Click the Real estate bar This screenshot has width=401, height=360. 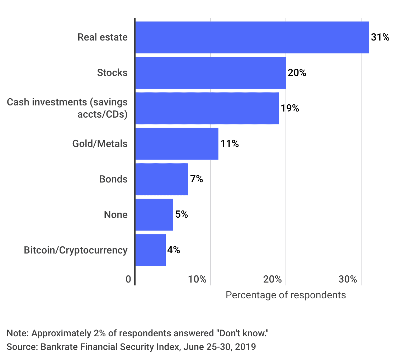pyautogui.click(x=252, y=37)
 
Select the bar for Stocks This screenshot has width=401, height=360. pyautogui.click(x=211, y=73)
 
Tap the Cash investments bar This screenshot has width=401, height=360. pyautogui.click(x=207, y=108)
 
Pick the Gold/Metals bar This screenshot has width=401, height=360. pyautogui.click(x=177, y=144)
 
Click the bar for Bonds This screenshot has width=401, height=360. pyautogui.click(x=162, y=179)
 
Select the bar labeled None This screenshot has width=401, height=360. pyautogui.click(x=154, y=215)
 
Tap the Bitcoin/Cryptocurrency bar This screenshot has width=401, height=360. pyautogui.click(x=150, y=250)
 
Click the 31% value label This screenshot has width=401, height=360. pyautogui.click(x=380, y=37)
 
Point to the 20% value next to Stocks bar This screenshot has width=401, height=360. pyautogui.click(x=297, y=73)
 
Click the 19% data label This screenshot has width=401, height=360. pyautogui.click(x=290, y=108)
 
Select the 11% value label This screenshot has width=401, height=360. pyautogui.click(x=230, y=144)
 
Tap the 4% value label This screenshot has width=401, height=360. pyautogui.click(x=174, y=250)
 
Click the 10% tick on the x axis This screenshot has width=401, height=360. pyautogui.click(x=197, y=279)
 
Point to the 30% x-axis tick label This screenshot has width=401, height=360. pyautogui.click(x=348, y=279)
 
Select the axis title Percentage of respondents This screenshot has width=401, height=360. pyautogui.click(x=286, y=295)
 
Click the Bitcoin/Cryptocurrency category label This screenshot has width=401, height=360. pyautogui.click(x=76, y=250)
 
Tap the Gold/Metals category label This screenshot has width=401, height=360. pyautogui.click(x=100, y=144)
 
